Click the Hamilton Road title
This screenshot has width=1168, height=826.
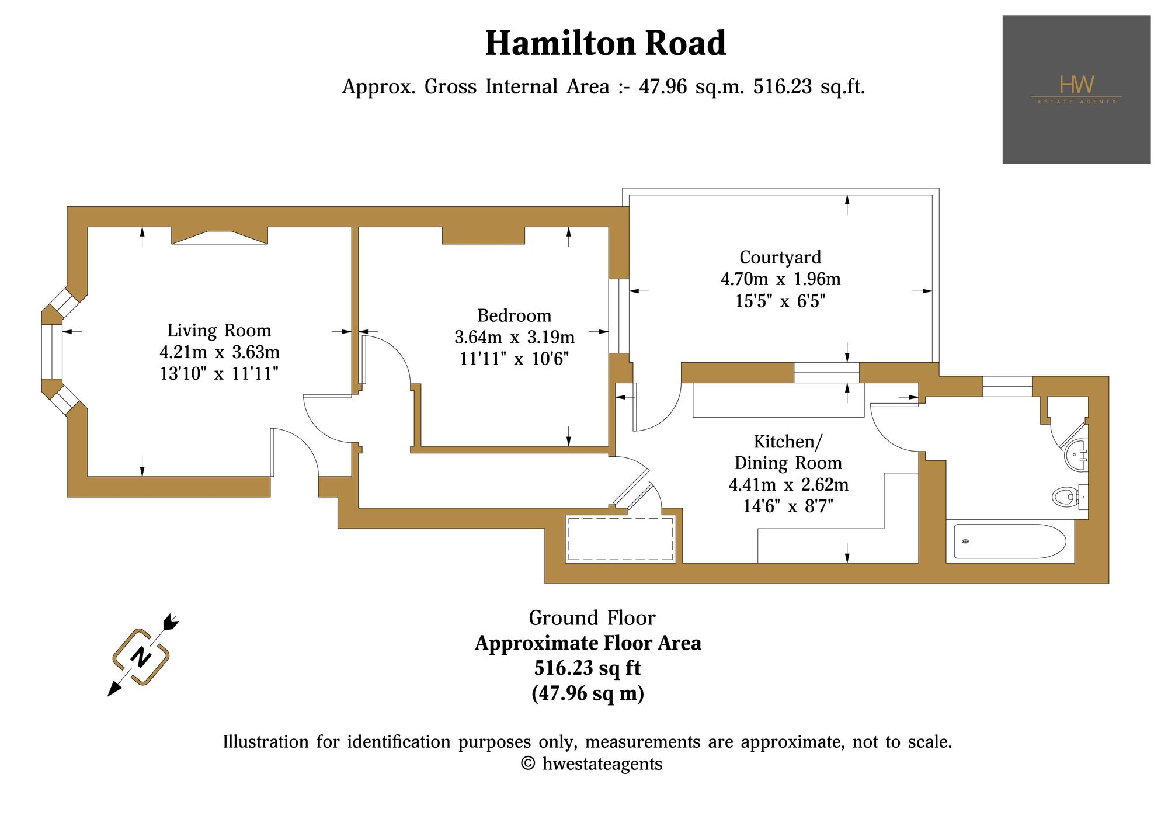[606, 43]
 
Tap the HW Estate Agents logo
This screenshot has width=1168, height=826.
[1076, 89]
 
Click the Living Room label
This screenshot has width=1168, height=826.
[220, 331]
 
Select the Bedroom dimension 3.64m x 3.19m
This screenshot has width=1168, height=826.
[515, 337]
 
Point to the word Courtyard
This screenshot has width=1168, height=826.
[780, 258]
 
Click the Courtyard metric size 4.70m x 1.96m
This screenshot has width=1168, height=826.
[781, 279]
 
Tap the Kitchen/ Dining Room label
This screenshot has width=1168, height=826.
[788, 452]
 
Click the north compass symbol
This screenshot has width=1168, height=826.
[142, 656]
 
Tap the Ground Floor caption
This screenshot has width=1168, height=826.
[592, 618]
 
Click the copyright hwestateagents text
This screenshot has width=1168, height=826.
[592, 764]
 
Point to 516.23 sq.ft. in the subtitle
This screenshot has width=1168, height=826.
[809, 87]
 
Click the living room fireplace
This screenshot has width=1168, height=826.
[220, 236]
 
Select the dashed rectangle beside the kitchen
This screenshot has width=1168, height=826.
[621, 539]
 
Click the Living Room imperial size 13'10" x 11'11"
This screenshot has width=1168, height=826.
[220, 373]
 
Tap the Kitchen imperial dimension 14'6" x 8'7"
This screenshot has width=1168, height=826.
[788, 506]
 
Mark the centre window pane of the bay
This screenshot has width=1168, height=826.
[52, 352]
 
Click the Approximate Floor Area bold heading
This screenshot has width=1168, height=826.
[588, 643]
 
